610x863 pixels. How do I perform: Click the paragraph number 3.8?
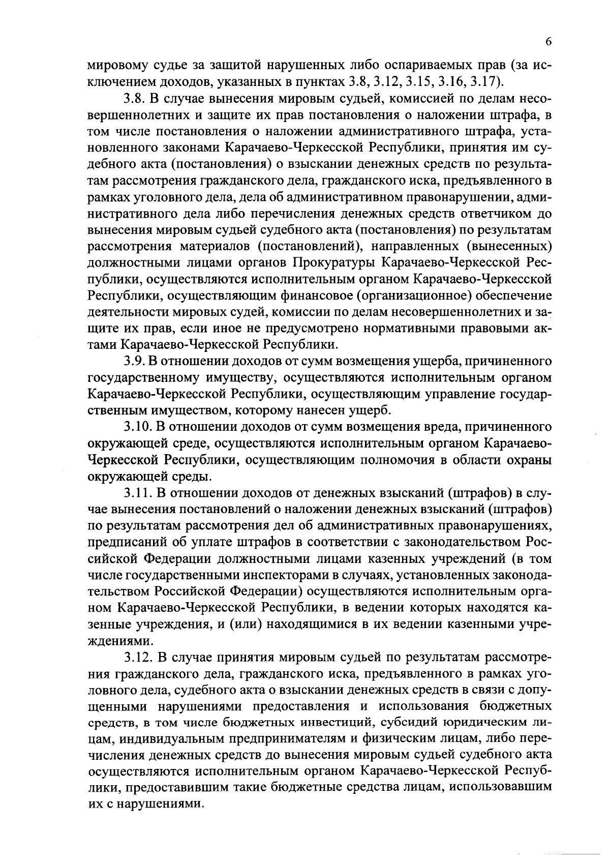pyautogui.click(x=135, y=98)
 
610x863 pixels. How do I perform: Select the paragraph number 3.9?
pyautogui.click(x=135, y=362)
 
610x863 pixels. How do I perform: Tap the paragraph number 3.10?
pyautogui.click(x=138, y=427)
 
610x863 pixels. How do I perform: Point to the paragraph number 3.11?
pyautogui.click(x=138, y=493)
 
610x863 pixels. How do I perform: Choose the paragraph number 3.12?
pyautogui.click(x=138, y=658)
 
